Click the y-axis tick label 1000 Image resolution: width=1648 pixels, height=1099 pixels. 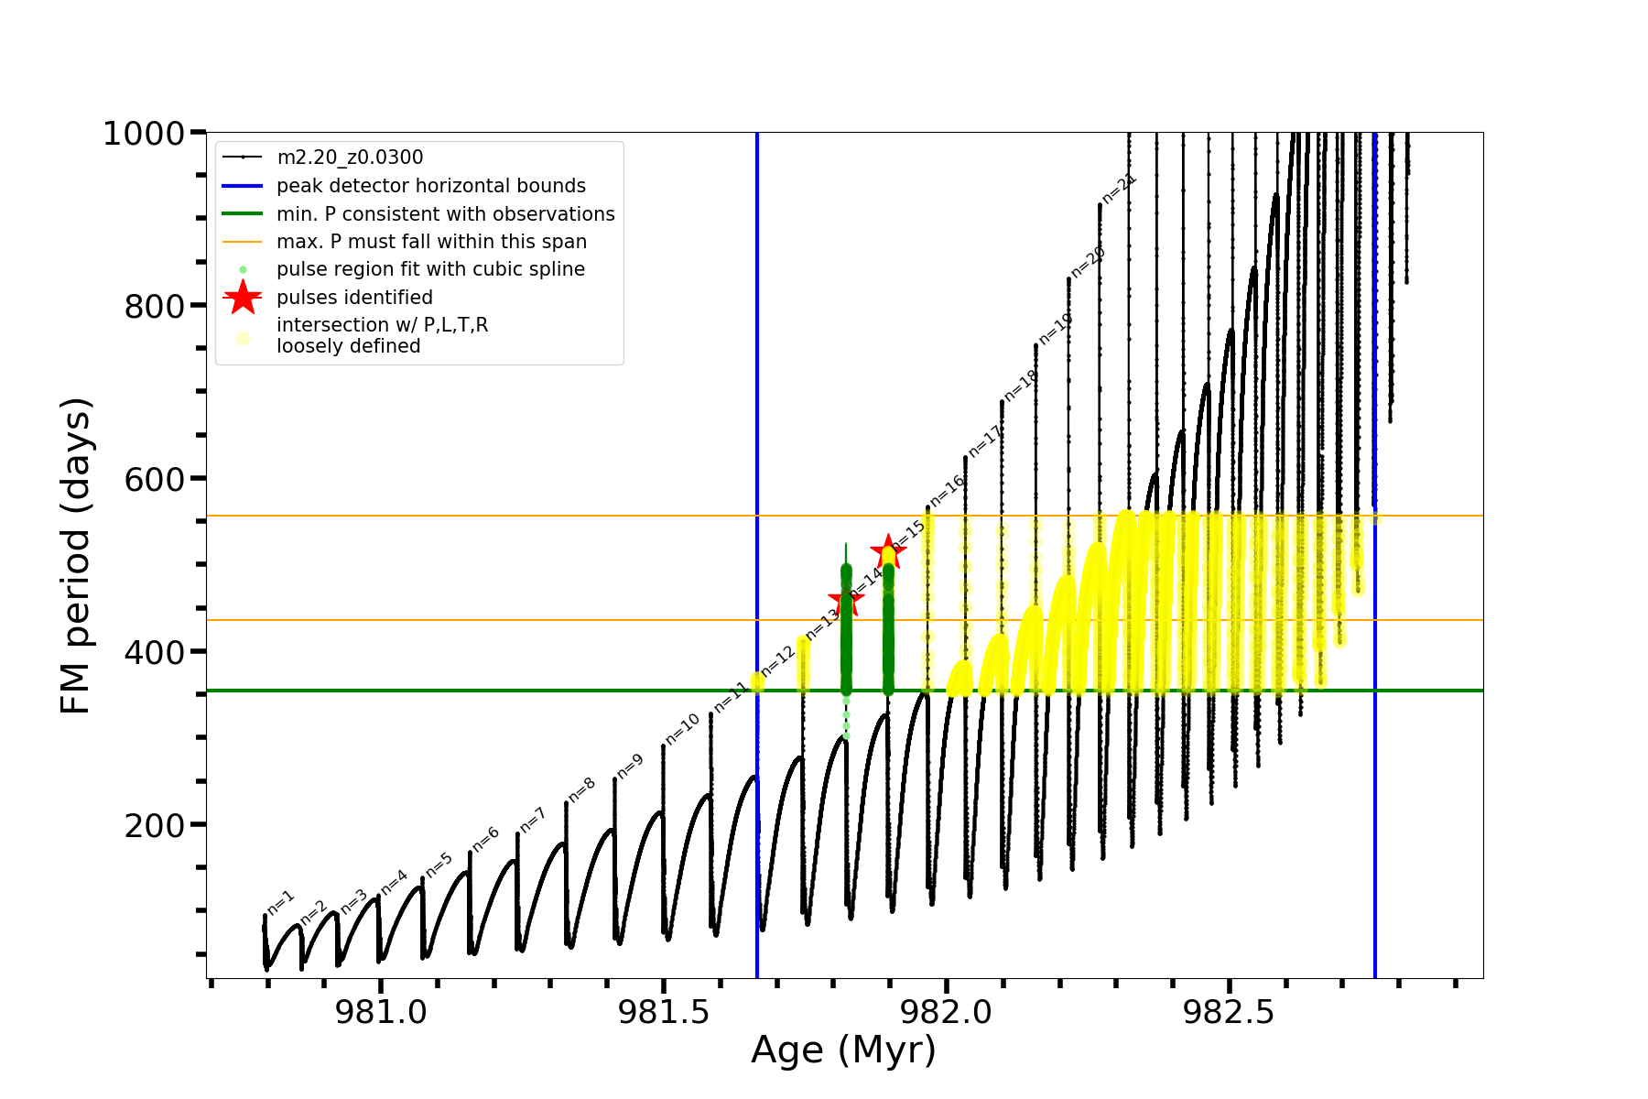144,135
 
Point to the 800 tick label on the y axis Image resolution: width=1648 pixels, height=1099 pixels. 155,307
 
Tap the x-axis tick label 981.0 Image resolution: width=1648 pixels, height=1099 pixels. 381,1012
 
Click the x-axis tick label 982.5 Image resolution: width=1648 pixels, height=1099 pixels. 1229,1012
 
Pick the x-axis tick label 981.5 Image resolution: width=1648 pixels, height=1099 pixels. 664,1012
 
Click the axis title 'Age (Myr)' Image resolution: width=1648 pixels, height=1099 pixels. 843,1050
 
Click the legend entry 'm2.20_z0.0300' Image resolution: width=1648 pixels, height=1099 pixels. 350,158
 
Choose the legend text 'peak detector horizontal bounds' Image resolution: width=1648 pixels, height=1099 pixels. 430,186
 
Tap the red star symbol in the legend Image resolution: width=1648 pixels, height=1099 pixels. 243,297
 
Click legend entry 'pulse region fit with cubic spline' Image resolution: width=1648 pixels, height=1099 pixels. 430,269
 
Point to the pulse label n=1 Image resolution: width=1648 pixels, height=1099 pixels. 281,902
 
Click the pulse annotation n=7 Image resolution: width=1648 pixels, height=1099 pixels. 533,820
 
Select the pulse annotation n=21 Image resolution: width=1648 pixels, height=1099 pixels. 1119,188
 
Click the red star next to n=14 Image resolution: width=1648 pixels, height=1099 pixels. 845,601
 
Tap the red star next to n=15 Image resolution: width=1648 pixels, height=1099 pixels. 887,551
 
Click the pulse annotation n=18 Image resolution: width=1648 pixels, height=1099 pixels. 1020,385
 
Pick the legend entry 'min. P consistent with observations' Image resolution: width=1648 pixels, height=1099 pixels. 445,213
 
